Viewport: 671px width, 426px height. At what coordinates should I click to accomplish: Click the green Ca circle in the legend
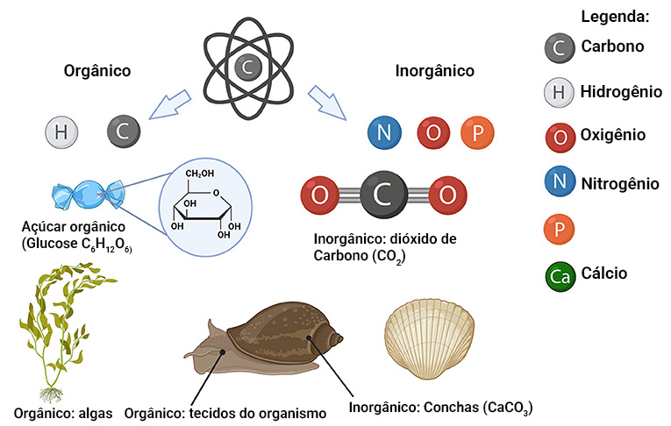560,276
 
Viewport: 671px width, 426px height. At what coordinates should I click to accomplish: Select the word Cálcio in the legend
603,273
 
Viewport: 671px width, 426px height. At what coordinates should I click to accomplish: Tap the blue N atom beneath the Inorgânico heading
384,132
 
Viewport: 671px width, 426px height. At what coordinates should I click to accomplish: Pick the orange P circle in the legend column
559,230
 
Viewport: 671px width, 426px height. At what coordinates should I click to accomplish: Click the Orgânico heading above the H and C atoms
97,71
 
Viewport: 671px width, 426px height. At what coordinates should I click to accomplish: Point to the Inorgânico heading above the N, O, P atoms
435,71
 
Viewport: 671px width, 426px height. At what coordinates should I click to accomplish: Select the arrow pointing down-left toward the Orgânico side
169,104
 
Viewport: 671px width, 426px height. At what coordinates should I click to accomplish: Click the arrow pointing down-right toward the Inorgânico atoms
327,103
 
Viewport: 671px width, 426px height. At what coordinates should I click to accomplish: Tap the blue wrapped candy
89,195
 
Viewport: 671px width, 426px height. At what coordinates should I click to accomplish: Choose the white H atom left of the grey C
61,131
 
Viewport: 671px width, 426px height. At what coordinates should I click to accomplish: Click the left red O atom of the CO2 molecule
319,195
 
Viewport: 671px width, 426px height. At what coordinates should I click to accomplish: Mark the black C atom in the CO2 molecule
383,195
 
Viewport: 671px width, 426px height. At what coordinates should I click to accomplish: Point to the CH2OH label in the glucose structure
199,174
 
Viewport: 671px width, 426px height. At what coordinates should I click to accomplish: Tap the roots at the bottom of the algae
52,394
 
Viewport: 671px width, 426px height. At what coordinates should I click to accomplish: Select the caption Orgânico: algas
63,414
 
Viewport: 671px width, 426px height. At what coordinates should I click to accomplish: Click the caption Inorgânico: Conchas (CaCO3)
441,408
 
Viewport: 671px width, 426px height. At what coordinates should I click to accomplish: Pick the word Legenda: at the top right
615,17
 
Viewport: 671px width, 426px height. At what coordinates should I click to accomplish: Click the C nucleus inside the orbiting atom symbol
247,67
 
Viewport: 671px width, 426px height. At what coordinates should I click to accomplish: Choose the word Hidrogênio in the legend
621,91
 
